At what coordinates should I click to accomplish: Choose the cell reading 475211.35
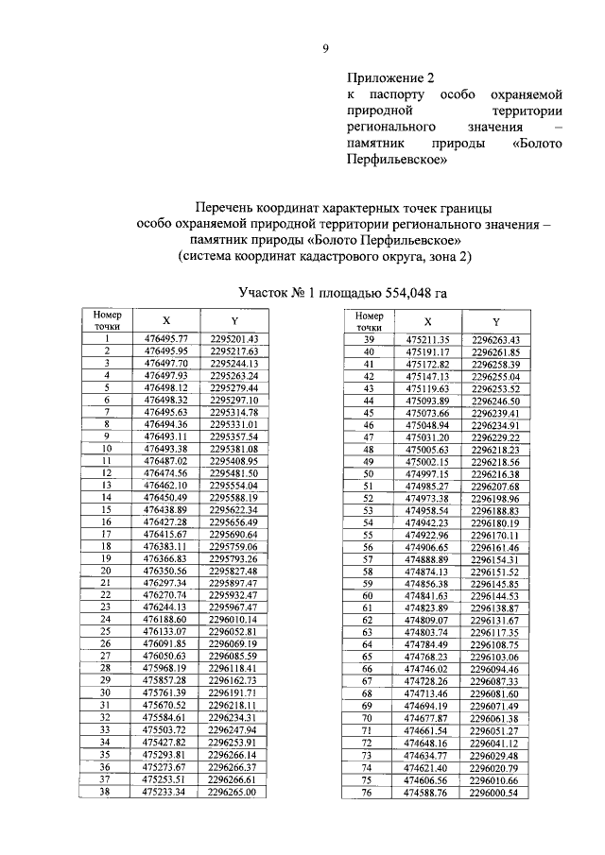point(427,338)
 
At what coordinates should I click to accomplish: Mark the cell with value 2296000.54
point(495,792)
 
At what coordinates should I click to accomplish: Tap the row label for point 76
point(370,792)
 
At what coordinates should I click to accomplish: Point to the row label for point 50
point(370,472)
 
